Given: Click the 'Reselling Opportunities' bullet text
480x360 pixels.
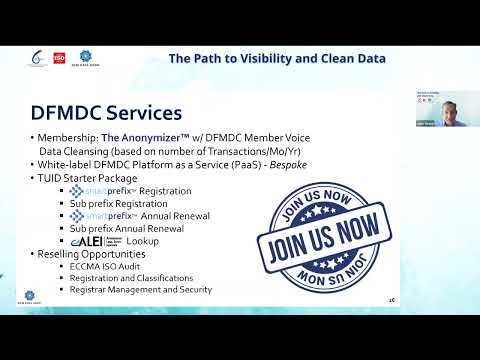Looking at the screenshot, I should coord(92,254).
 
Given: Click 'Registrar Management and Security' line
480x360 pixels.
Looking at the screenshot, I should coord(140,290).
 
